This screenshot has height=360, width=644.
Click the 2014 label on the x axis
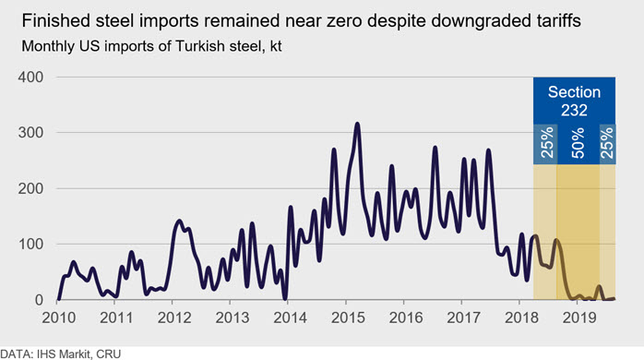pos(290,318)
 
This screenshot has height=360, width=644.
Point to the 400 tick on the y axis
pos(30,77)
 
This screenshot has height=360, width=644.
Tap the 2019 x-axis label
pos(579,318)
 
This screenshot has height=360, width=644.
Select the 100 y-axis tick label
pos(30,244)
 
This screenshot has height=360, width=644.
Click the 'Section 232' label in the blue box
pos(574,102)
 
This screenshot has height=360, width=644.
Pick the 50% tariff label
pos(578,143)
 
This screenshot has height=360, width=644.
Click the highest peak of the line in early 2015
pos(357,124)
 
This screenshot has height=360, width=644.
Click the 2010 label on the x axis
pos(59,318)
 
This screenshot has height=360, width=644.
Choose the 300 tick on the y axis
pos(30,132)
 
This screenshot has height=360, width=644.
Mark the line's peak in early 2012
pos(179,221)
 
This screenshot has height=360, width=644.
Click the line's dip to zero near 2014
pos(285,299)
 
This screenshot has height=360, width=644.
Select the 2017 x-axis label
pos(464,318)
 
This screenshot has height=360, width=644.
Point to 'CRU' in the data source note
pos(109,354)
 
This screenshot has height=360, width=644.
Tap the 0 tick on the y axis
pos(39,300)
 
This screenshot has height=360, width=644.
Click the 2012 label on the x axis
pos(174,318)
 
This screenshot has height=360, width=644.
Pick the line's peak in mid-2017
pos(488,150)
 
